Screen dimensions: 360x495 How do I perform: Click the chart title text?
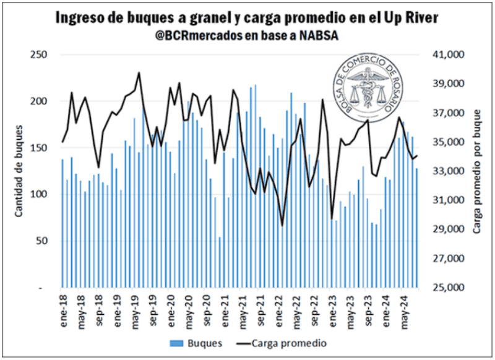247,19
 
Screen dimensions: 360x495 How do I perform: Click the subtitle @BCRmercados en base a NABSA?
247,35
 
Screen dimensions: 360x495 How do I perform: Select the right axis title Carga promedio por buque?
477,171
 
